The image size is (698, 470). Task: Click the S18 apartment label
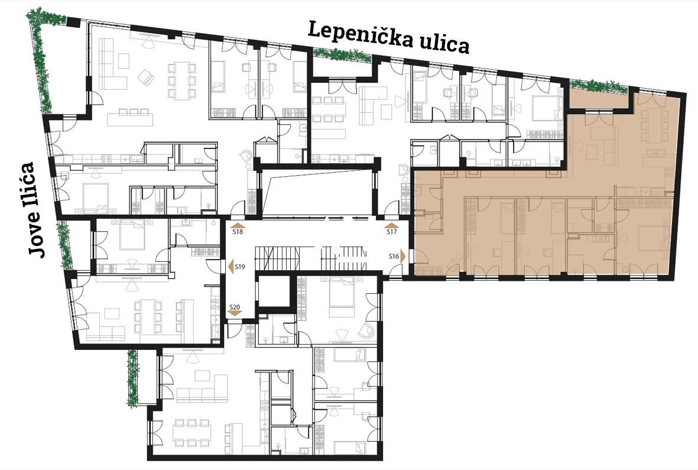point(238,231)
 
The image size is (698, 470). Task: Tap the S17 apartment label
point(392,231)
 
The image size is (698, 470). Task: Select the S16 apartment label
point(394,256)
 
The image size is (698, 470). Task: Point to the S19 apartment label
point(240,267)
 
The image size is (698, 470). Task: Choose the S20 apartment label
point(235,307)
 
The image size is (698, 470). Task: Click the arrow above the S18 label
point(238,225)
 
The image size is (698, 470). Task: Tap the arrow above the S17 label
point(392,225)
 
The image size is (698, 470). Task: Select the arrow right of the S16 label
point(403,257)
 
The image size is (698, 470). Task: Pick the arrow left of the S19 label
point(231,267)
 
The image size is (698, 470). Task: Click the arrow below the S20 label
point(235,313)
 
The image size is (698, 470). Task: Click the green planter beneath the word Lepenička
point(342,55)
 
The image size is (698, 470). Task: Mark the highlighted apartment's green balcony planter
point(599,86)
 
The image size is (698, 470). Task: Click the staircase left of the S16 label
point(345,258)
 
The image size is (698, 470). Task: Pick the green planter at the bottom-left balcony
point(132,378)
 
